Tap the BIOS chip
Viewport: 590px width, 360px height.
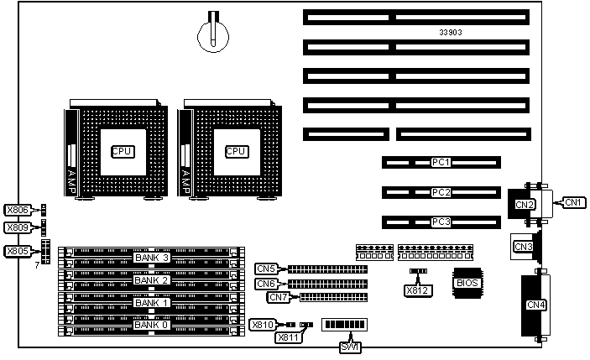pos(467,283)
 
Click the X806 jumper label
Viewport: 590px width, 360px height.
pos(17,211)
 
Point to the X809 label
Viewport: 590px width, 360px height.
pos(17,227)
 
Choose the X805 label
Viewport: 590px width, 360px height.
pos(17,250)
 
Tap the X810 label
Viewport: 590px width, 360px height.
pos(263,324)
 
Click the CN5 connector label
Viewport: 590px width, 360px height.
pos(267,269)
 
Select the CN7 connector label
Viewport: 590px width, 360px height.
pos(279,297)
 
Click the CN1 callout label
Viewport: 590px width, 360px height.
pos(574,202)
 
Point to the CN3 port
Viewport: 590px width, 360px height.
pos(523,246)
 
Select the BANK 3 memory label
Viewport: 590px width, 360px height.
pos(152,258)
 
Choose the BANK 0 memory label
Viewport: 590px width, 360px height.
pos(152,324)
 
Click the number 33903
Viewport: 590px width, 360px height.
pos(451,31)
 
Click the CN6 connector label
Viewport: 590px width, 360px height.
pos(267,284)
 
